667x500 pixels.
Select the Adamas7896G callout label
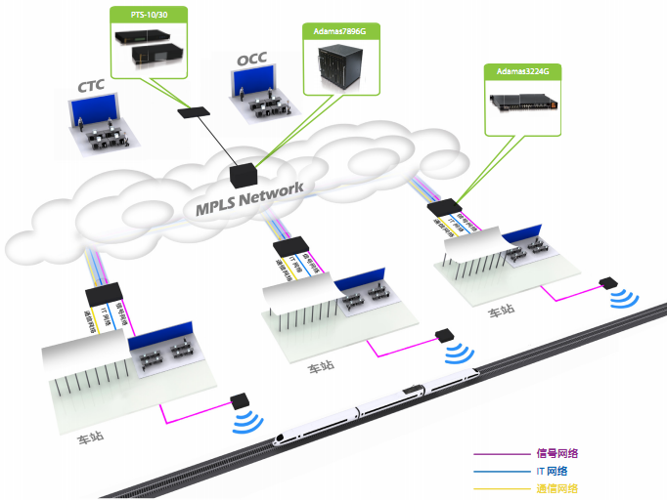pos(339,30)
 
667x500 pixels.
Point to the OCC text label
pos(251,62)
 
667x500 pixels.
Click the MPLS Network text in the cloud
pos(249,196)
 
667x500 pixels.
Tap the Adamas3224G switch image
pos(526,101)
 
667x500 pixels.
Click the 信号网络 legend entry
pos(557,453)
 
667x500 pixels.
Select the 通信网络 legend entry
pos(557,488)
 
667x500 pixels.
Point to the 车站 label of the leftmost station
pos(91,437)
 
